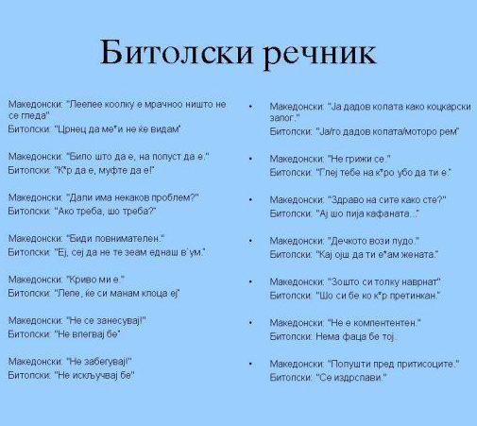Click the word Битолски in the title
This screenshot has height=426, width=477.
click(x=177, y=52)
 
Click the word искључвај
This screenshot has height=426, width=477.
click(x=94, y=375)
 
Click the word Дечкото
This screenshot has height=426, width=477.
click(x=349, y=241)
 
